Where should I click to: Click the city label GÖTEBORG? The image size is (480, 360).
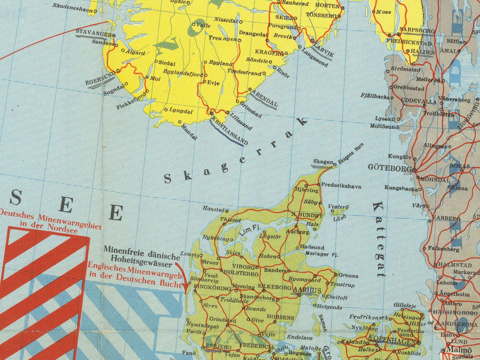coord(390,167)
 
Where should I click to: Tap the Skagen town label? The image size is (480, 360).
coord(323,162)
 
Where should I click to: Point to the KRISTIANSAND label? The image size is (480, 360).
coord(229,132)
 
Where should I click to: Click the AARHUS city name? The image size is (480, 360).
coord(307,290)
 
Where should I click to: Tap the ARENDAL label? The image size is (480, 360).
coord(264,98)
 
